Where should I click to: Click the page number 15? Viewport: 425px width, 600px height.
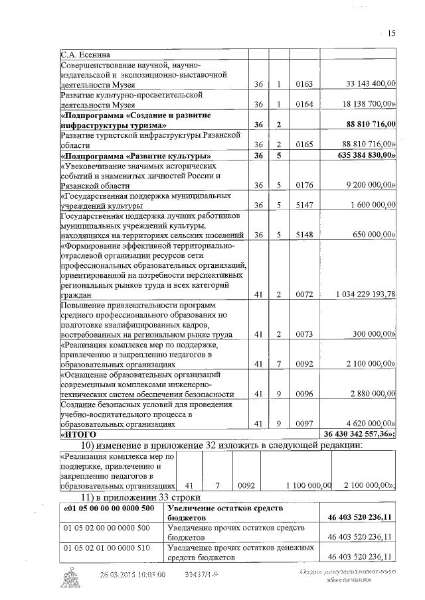390,34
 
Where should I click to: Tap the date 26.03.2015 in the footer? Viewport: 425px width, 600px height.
120,574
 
